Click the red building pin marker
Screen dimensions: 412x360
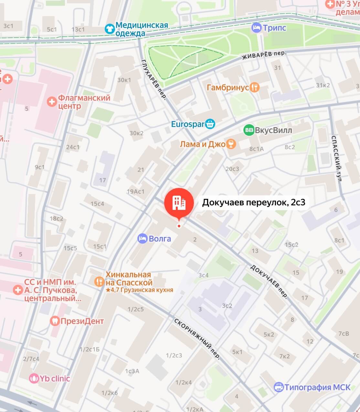pyautogui.click(x=179, y=202)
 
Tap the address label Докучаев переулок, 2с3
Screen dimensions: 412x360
pyautogui.click(x=253, y=202)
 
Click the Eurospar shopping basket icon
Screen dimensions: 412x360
pyautogui.click(x=210, y=124)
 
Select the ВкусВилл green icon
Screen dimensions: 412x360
pyautogui.click(x=249, y=130)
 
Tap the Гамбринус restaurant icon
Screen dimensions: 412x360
pyautogui.click(x=255, y=87)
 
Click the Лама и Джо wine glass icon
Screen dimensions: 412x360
pyautogui.click(x=231, y=144)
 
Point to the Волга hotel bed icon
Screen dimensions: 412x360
pyautogui.click(x=143, y=239)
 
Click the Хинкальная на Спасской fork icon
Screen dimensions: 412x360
pyautogui.click(x=99, y=281)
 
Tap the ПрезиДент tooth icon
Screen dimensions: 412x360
pyautogui.click(x=55, y=321)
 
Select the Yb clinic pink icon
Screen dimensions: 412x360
pyautogui.click(x=34, y=378)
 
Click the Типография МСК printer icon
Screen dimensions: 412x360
pyautogui.click(x=278, y=387)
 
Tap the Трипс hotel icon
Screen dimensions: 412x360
pyautogui.click(x=257, y=28)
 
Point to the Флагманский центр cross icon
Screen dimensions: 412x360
pyautogui.click(x=52, y=102)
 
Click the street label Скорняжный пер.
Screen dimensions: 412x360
pyautogui.click(x=197, y=339)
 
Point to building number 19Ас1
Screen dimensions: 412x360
pyautogui.click(x=135, y=191)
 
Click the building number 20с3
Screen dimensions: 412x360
pyautogui.click(x=232, y=169)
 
